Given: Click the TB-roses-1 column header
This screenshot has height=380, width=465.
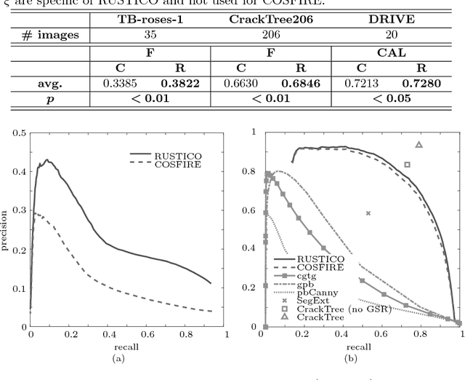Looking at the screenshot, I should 150,17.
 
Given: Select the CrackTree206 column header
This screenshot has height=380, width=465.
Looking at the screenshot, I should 270,17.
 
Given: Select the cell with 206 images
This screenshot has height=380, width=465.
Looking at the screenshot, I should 270,33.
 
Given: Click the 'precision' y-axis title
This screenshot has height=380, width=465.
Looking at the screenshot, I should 6,229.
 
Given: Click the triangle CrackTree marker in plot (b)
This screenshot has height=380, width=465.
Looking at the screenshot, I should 419,145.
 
